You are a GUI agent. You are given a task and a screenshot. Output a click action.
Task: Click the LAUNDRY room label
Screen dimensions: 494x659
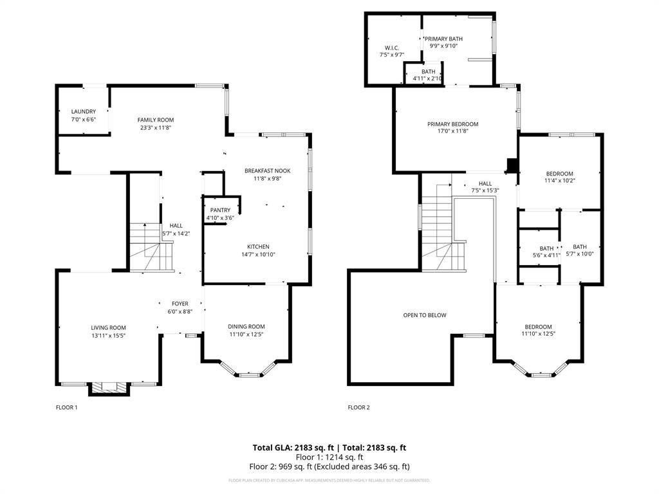pos(84,111)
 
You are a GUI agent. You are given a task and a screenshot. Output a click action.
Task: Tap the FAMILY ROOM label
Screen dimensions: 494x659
pos(156,120)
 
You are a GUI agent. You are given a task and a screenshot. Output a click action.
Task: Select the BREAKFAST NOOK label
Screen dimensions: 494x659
pos(268,170)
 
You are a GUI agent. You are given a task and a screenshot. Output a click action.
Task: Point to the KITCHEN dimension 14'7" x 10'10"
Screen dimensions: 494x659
pos(258,255)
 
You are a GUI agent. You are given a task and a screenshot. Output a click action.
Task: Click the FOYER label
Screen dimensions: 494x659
pos(180,304)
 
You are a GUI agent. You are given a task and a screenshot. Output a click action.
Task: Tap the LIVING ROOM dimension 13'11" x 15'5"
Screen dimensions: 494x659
pos(108,335)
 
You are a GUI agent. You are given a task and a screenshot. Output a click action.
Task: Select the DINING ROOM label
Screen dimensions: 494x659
pos(247,326)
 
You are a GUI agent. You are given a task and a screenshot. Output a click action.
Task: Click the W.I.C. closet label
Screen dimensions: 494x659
pos(392,48)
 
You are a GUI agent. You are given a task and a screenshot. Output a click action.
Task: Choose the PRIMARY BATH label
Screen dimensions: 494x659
pos(446,39)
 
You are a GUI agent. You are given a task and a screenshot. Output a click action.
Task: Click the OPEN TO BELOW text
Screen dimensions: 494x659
pos(425,315)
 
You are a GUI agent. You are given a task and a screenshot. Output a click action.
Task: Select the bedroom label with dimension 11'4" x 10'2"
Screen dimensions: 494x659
pos(559,174)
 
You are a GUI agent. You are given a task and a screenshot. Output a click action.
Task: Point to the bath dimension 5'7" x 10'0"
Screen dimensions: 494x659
pos(580,255)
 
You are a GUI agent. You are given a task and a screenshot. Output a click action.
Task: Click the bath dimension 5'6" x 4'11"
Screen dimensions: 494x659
pos(546,255)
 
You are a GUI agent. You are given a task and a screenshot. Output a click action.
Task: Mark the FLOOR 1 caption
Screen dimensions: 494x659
pos(66,407)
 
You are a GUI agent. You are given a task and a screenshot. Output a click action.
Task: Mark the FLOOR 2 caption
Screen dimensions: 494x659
pos(359,407)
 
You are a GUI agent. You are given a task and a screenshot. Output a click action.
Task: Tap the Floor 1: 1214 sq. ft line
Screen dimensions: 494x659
pos(329,457)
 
